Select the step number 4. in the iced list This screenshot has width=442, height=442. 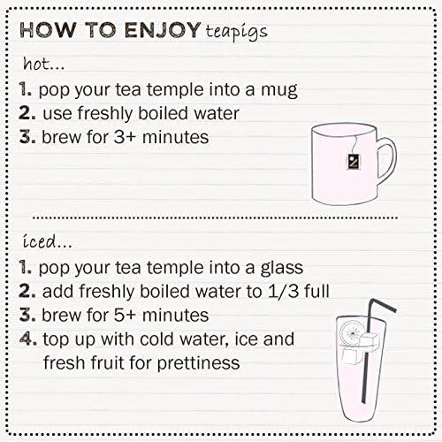point(27,339)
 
